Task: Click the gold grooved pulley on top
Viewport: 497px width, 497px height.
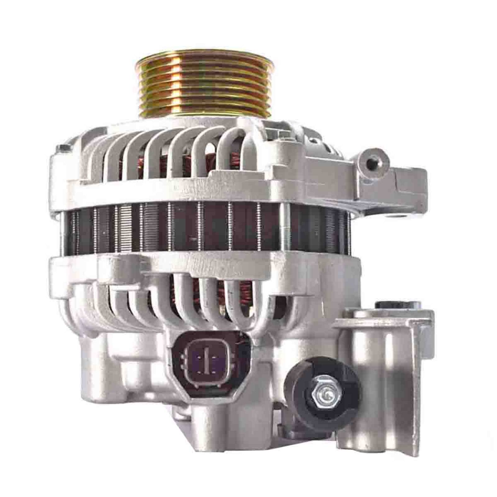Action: pyautogui.click(x=203, y=87)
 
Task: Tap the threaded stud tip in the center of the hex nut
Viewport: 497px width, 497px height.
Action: pyautogui.click(x=327, y=395)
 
